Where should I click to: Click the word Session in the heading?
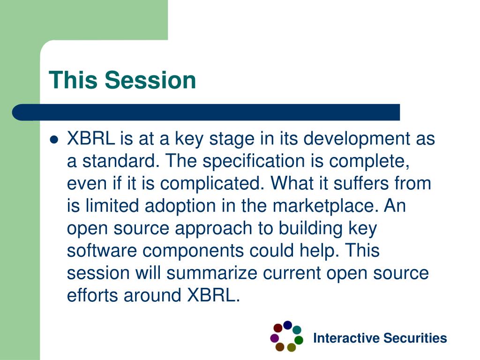tap(150, 80)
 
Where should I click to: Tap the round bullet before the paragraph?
tap(54, 140)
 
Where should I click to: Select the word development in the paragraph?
tap(357, 139)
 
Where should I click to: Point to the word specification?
tap(253, 161)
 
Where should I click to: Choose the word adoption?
tap(180, 206)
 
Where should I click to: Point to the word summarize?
tap(212, 273)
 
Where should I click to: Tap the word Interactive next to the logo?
tap(346, 338)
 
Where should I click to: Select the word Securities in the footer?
tap(415, 338)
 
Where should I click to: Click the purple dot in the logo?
tap(275, 338)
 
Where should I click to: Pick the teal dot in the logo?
tap(297, 330)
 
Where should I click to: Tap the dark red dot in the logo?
tap(278, 328)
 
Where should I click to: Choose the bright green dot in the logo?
tap(299, 340)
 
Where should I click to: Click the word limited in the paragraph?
tap(112, 206)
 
